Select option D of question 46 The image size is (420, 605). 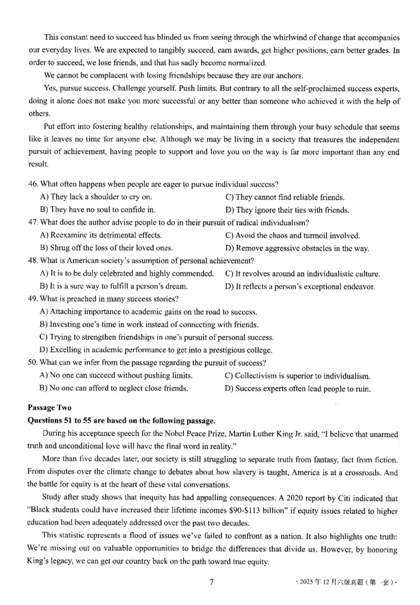(287, 210)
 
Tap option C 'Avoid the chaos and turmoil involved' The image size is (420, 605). (292, 235)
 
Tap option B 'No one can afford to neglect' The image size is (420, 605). (114, 389)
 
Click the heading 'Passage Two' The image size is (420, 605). (49, 408)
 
